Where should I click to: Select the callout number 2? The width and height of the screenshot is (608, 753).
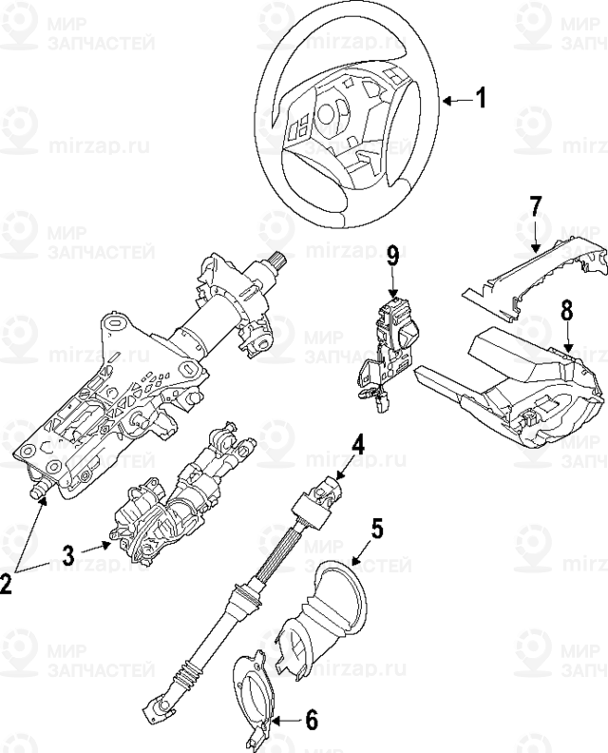(8, 584)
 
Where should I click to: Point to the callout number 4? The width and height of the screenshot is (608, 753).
(358, 443)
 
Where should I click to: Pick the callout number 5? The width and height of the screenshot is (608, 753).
(377, 529)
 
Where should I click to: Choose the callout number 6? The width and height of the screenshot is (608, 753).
(312, 721)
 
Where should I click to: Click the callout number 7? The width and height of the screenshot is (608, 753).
(535, 206)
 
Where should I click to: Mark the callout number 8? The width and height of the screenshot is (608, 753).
(566, 309)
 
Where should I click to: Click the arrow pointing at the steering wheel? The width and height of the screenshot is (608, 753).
(455, 98)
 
